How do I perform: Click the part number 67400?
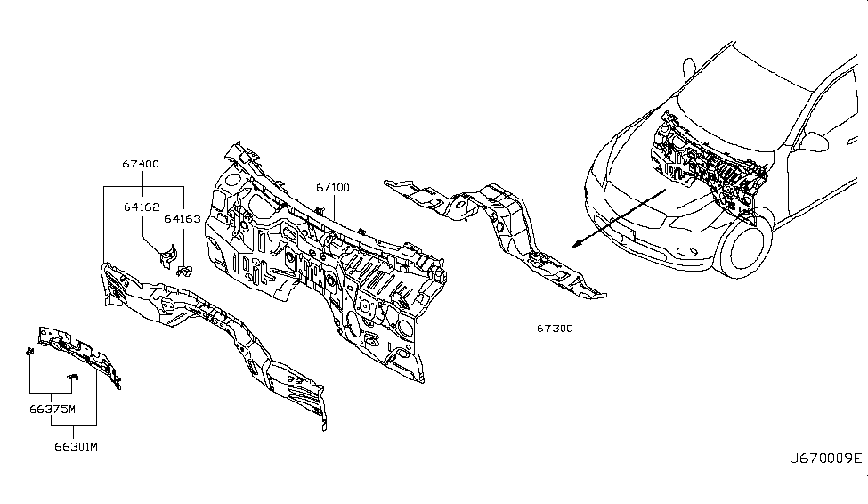[x=141, y=164]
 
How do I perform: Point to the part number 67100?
[x=331, y=188]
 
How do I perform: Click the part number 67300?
[x=555, y=329]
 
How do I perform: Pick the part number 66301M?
[x=74, y=445]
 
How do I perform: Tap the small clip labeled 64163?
[x=185, y=270]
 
